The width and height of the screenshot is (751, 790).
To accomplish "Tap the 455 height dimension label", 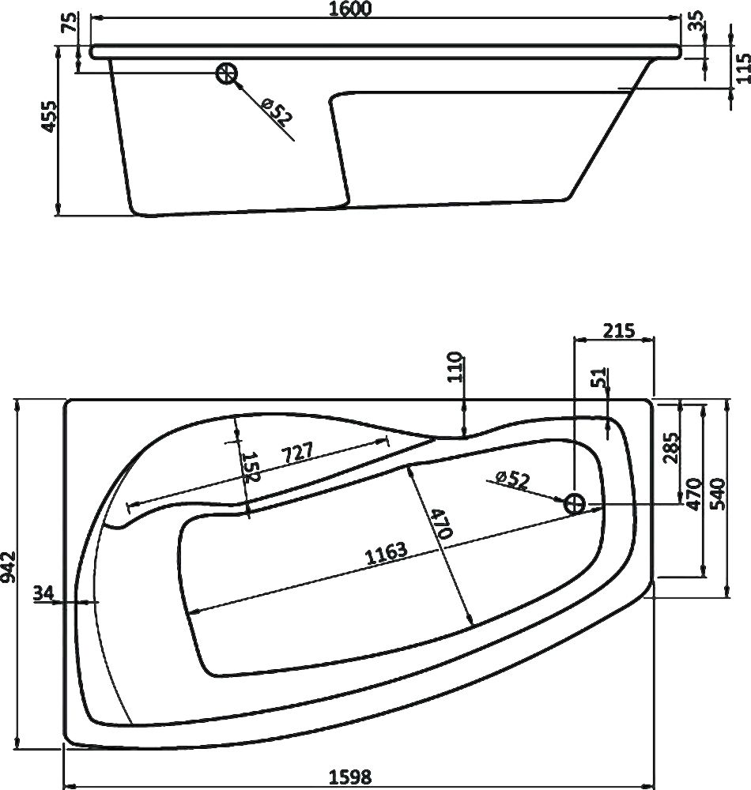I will [x=49, y=116].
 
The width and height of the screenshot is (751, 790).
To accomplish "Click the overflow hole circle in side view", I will [x=227, y=73].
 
